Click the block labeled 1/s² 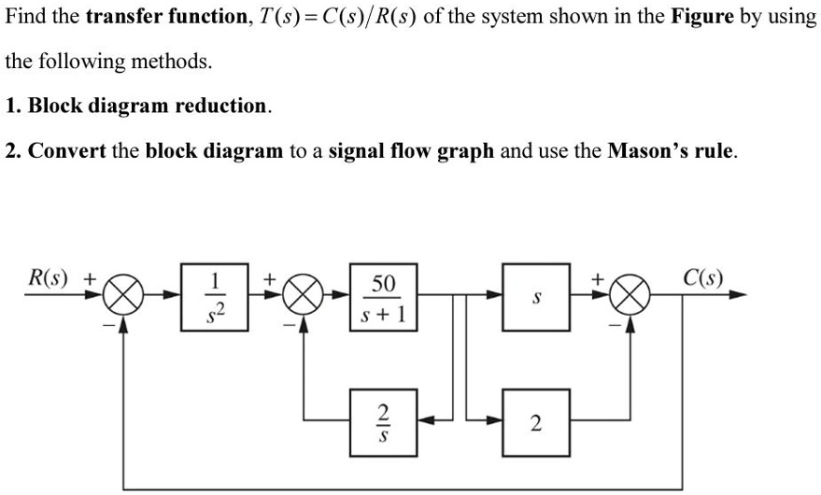pos(215,296)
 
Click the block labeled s pos(535,296)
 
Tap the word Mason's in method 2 pos(647,150)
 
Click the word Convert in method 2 pos(67,150)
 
